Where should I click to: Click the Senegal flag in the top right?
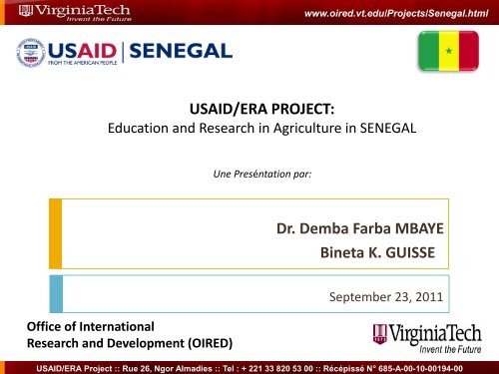click(x=449, y=51)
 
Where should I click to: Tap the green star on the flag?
click(x=449, y=51)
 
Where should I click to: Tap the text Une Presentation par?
click(x=249, y=174)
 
